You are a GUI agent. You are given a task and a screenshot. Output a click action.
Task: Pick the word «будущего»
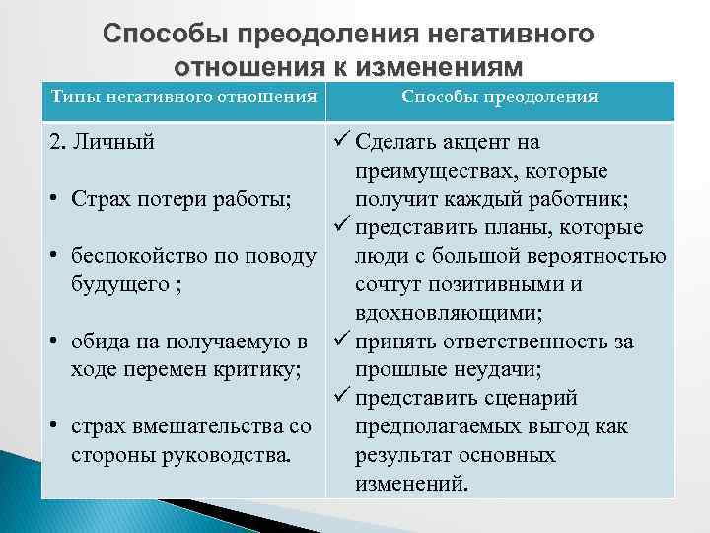point(119,285)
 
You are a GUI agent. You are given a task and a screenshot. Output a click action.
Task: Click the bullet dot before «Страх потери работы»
point(55,200)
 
